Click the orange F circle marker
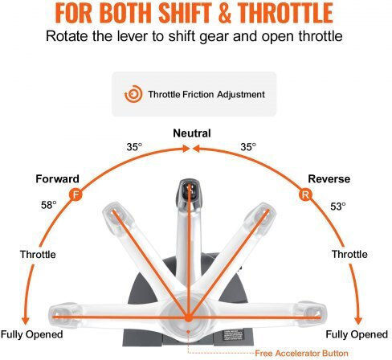point(76,194)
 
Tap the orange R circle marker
point(305,194)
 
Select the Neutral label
point(192,133)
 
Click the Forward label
point(57,178)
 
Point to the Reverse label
point(329,178)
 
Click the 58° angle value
point(49,205)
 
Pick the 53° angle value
point(338,207)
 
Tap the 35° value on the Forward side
point(134,147)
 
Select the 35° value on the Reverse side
point(248,147)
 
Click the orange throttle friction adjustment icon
point(133,94)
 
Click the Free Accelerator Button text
point(301,353)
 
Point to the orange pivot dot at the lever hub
point(189,318)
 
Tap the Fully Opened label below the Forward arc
point(32,334)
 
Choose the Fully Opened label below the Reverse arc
point(357,334)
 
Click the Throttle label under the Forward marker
point(38,254)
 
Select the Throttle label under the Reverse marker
point(349,254)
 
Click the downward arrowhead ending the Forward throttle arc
point(26,321)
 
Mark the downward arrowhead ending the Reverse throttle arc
point(358,321)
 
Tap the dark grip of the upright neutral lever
point(189,190)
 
